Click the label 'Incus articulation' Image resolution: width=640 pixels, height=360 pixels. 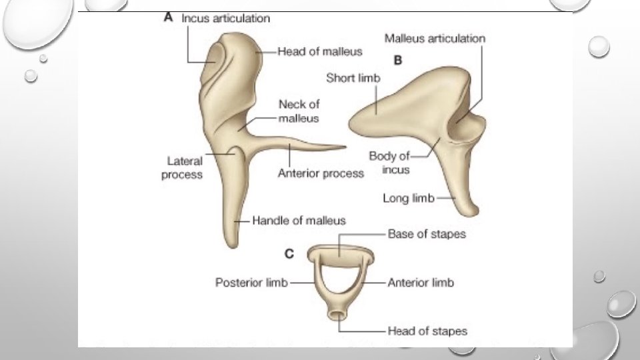coord(226,19)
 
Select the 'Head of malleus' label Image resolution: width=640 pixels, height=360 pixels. coord(320,51)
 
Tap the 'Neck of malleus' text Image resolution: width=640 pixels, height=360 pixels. coord(299,111)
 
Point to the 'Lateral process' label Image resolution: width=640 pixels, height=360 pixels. coord(185,167)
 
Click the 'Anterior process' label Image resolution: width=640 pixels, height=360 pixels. coord(321,173)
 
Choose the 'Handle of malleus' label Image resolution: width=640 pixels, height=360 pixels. coord(299,220)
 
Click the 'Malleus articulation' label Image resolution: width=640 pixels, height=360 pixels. coord(435,38)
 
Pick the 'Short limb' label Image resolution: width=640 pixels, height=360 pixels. coord(353,78)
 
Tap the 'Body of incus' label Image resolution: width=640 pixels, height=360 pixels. coord(389,163)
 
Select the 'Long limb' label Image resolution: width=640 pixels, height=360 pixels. coord(408,198)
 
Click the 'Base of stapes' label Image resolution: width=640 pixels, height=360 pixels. coord(427,234)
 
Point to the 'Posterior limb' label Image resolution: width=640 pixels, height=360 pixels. coord(251,283)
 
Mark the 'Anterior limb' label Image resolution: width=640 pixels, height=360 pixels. coord(421,283)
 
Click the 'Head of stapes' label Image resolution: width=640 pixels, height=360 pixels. coord(427,331)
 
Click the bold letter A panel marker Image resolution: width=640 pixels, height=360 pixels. coord(169,19)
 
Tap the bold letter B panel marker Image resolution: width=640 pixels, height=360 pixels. coord(398,60)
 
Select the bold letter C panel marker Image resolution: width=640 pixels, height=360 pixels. coord(289,253)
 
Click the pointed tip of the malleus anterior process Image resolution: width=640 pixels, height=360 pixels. coord(345,147)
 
